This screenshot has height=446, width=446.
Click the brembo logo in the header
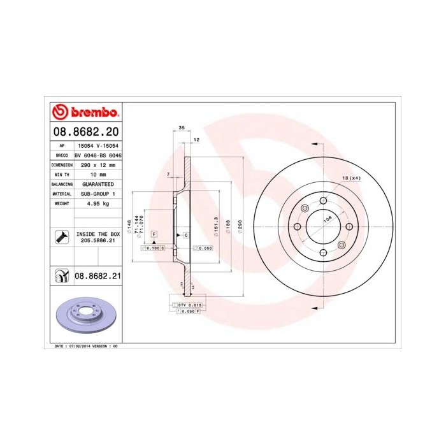coord(85,113)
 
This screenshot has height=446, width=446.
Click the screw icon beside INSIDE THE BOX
coord(61,238)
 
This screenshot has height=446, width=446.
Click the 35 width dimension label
coord(181,128)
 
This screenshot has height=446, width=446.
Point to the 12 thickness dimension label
coord(196,139)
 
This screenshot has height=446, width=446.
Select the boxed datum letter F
coord(153,235)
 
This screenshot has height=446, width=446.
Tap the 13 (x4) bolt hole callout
coord(351,178)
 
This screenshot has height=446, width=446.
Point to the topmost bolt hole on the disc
coord(324,201)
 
